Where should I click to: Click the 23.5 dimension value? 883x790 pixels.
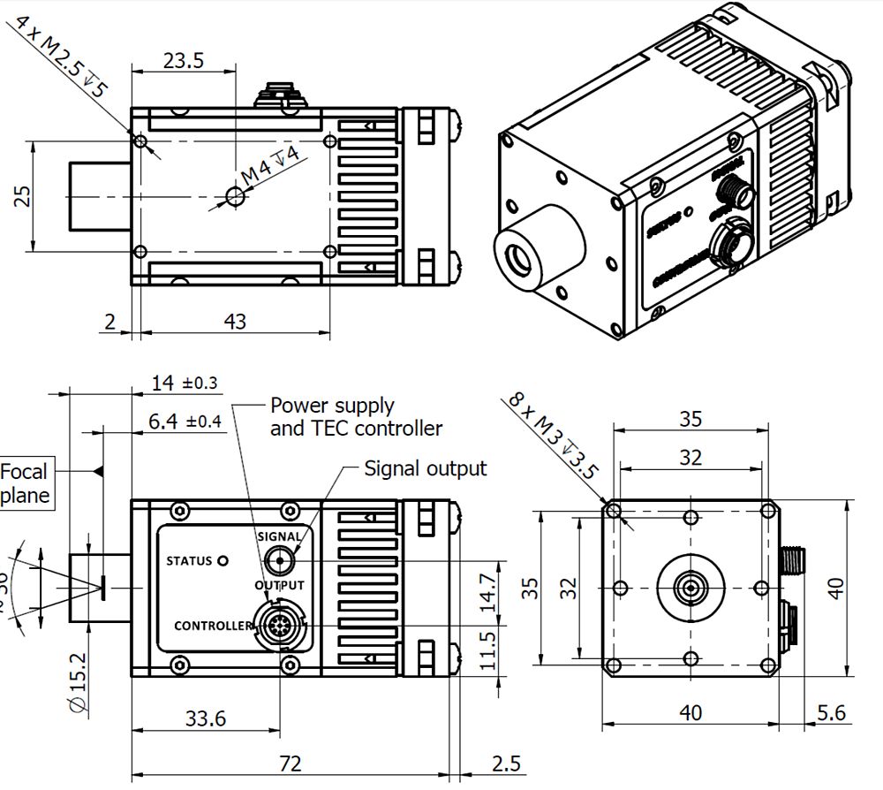click(x=183, y=60)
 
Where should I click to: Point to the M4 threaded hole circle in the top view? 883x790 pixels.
click(x=235, y=195)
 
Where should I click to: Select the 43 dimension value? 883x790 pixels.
click(x=234, y=321)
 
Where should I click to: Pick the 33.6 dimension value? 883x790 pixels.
click(x=205, y=718)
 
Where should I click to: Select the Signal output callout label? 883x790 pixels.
click(x=425, y=467)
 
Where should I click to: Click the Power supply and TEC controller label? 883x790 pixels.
click(x=355, y=417)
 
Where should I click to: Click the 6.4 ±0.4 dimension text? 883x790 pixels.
click(x=184, y=422)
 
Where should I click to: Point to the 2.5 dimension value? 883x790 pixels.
click(x=506, y=763)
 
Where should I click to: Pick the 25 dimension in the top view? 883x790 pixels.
click(x=22, y=195)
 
